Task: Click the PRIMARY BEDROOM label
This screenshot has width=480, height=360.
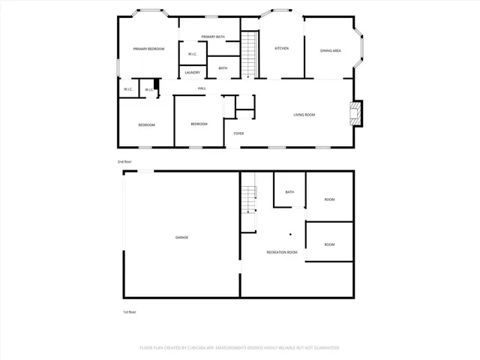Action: (x=148, y=49)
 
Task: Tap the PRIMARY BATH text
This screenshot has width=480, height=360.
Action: (x=212, y=37)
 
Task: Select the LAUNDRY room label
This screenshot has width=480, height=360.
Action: (x=192, y=73)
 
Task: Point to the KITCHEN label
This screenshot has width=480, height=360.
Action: (x=281, y=49)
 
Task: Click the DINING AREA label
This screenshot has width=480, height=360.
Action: (x=331, y=51)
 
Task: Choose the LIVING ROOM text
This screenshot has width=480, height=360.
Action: (x=304, y=115)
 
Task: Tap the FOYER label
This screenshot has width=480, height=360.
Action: (x=238, y=133)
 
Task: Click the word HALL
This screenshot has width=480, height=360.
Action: (x=202, y=89)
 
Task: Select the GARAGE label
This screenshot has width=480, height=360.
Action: (x=181, y=238)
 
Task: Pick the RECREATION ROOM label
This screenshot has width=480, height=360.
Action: (x=282, y=253)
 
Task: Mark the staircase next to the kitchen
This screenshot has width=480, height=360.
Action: (x=249, y=55)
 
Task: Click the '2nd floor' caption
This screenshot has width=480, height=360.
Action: (x=124, y=162)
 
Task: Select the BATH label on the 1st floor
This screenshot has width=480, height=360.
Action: (x=289, y=193)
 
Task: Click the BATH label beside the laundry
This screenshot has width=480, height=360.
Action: (x=223, y=68)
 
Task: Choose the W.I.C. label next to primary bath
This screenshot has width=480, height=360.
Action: (x=193, y=54)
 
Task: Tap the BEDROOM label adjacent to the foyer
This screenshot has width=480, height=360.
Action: (x=199, y=124)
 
